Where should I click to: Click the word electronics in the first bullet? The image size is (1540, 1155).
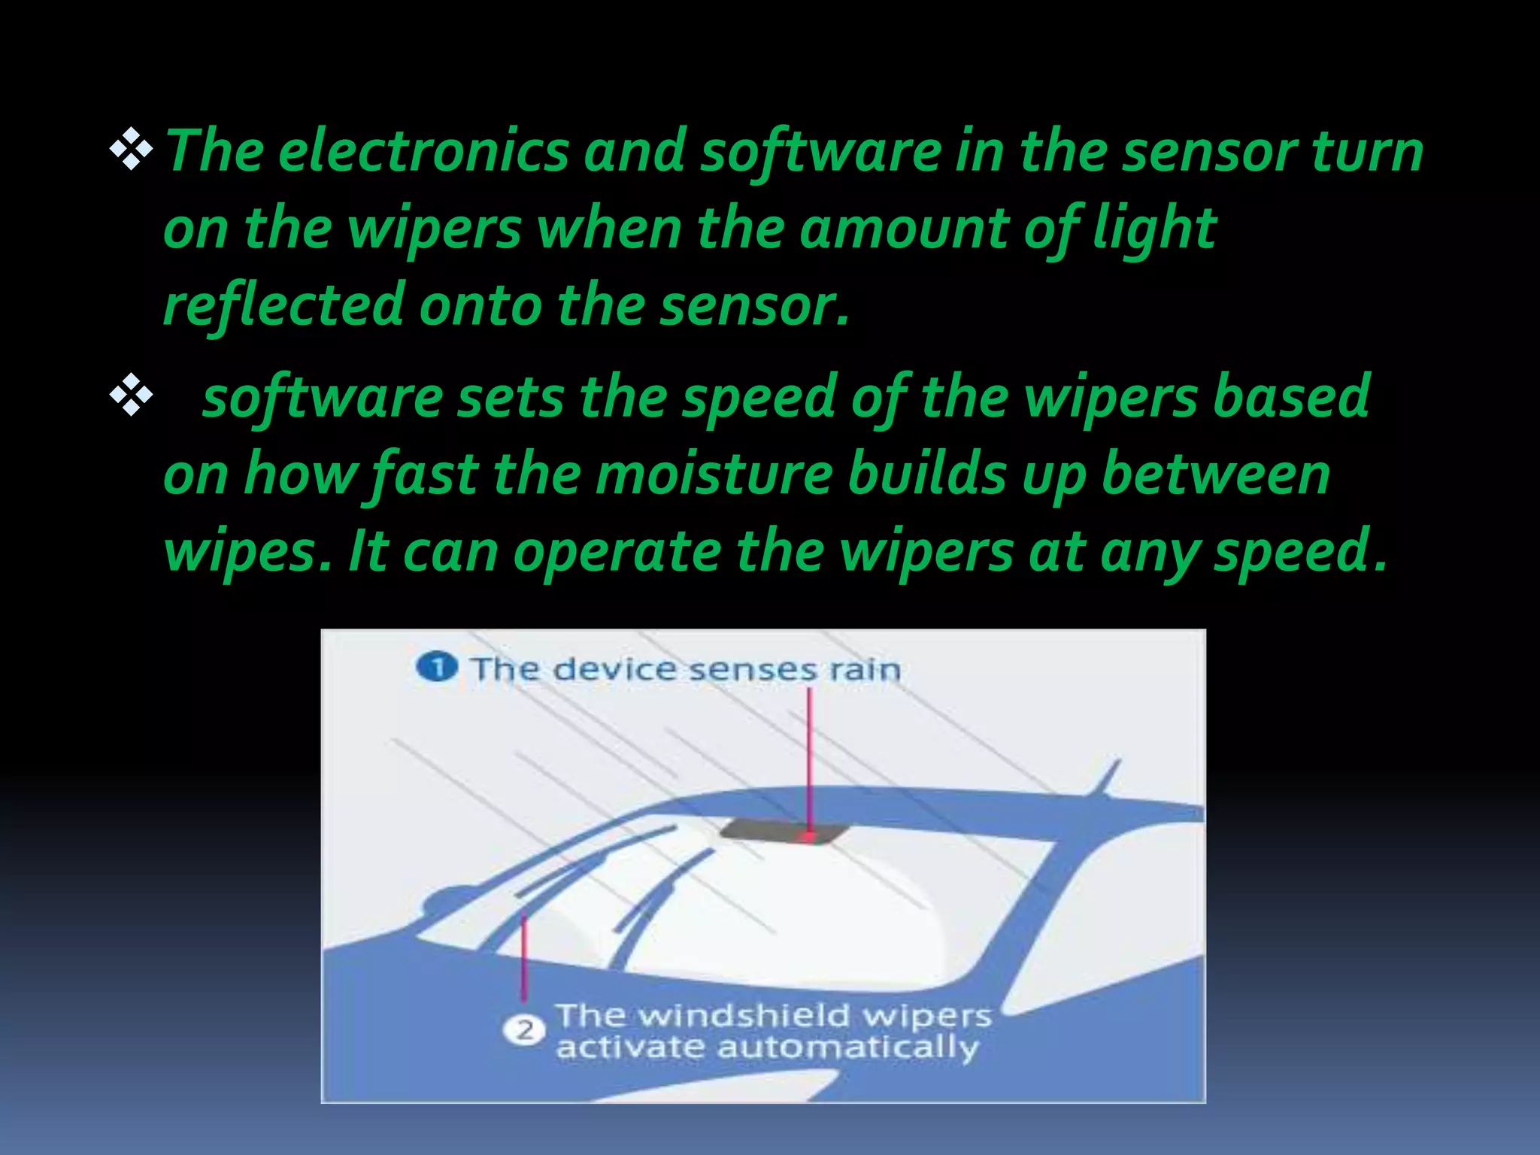tap(423, 151)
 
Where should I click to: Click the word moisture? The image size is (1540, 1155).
tap(714, 475)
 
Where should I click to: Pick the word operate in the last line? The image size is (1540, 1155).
tap(617, 552)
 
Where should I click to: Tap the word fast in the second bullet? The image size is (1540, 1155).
tap(425, 475)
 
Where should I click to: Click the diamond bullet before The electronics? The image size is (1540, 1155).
tap(132, 149)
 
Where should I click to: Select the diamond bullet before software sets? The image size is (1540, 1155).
tap(132, 395)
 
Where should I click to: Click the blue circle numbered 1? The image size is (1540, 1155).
tap(437, 667)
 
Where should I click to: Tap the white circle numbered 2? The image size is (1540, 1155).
tap(524, 1029)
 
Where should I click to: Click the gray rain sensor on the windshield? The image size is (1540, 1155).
tap(782, 831)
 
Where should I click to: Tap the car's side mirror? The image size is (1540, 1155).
tap(451, 899)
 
